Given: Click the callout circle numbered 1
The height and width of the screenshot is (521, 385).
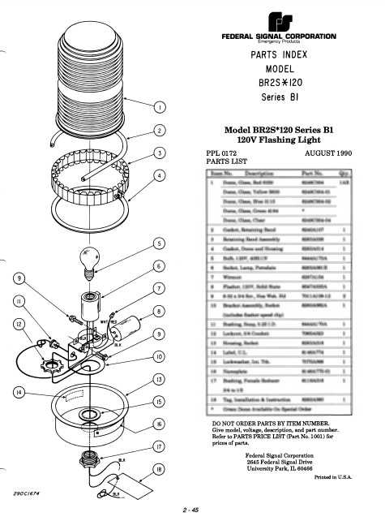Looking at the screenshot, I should click(x=160, y=106).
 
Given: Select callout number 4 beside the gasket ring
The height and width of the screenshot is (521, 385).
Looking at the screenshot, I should click(x=160, y=174).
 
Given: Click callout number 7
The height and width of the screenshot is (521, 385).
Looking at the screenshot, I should click(x=160, y=288).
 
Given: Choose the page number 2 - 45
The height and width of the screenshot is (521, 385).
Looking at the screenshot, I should click(x=192, y=510).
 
